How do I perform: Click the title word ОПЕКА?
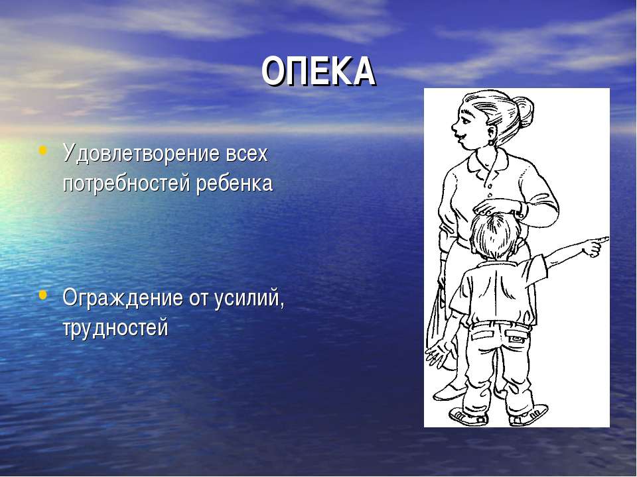pyautogui.click(x=318, y=72)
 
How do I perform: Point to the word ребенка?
pyautogui.click(x=235, y=184)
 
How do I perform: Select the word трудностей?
pyautogui.click(x=115, y=328)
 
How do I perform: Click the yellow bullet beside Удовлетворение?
pyautogui.click(x=42, y=150)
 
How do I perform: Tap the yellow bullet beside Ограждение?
pyautogui.click(x=42, y=294)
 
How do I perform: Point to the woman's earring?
pyautogui.click(x=492, y=142)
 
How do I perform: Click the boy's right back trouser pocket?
pyautogui.click(x=517, y=336)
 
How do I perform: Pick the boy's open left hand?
pyautogui.click(x=438, y=353)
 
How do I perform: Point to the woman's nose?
pyautogui.click(x=455, y=127)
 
